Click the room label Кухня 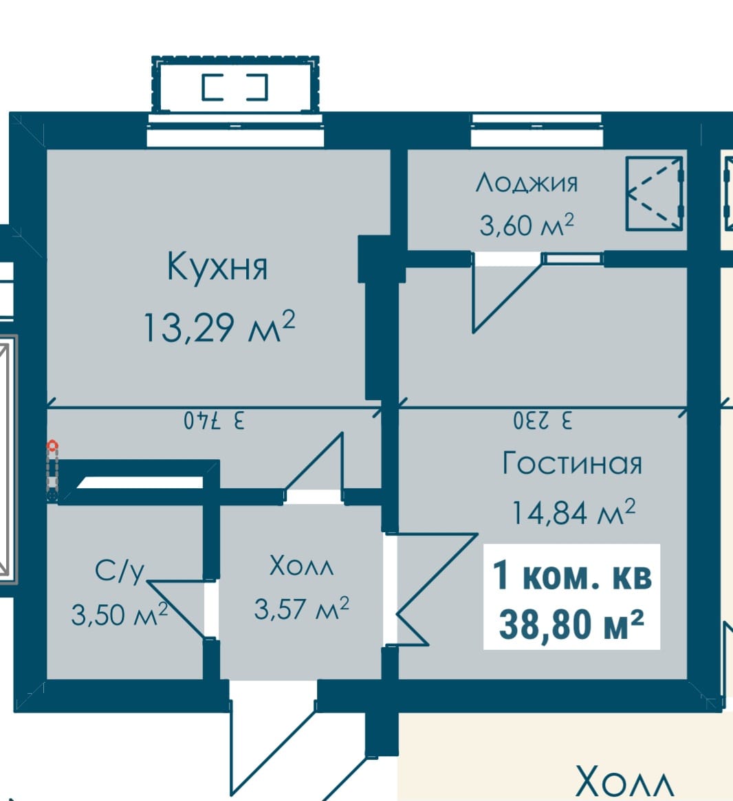217,266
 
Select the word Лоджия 527,183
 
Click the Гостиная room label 572,463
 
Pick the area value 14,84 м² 573,512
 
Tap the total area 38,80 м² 571,624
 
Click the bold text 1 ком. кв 572,575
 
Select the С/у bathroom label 120,571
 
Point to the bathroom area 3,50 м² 120,614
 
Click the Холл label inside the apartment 301,566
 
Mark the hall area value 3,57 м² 301,608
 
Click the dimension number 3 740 215,421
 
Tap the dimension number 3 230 543,421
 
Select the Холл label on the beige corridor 622,782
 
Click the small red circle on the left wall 52,446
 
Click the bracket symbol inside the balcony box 235,87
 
